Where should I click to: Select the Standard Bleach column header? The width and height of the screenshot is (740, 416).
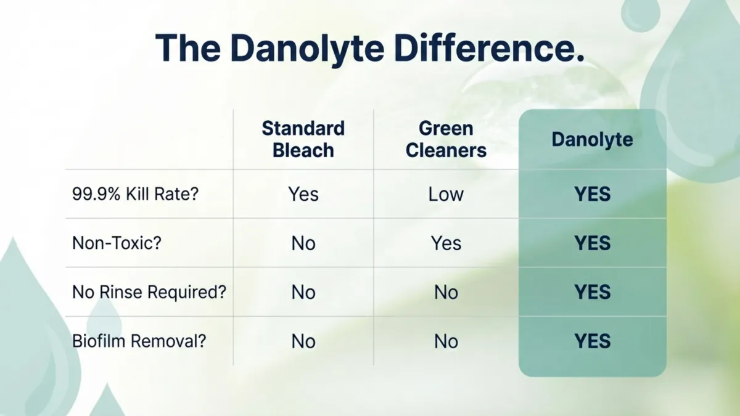303,139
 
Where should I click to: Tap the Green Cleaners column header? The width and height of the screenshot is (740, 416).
446,139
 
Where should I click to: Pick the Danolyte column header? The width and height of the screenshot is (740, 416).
593,140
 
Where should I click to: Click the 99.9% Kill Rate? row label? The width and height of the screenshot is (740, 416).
136,194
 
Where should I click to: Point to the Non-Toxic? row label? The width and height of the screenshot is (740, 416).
117,243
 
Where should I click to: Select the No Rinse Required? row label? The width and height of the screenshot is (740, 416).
149,292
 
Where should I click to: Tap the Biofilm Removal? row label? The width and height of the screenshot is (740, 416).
139,341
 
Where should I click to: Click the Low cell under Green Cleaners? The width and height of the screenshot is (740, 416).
446,194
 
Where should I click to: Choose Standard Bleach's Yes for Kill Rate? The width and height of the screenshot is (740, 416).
303,194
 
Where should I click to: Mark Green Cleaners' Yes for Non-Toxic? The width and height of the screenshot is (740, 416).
446,243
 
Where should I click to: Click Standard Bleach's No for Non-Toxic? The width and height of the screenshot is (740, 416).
303,243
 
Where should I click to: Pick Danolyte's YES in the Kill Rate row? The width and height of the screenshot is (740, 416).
593,194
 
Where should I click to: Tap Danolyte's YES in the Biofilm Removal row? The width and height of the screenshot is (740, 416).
593,341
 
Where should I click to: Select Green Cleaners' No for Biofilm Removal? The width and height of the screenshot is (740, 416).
446,341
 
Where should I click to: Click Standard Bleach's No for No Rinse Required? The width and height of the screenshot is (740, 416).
303,293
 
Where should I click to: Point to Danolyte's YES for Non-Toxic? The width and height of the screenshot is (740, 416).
593,243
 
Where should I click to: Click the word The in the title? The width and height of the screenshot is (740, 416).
187,48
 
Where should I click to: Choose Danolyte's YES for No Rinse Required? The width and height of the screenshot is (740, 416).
593,292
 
